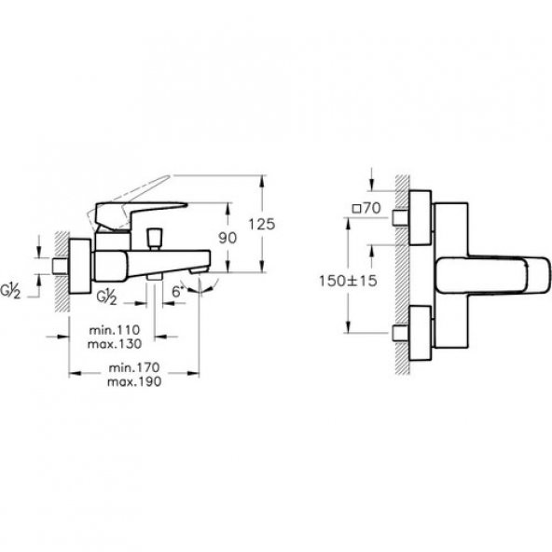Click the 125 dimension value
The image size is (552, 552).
[262, 224]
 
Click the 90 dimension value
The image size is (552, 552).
[228, 238]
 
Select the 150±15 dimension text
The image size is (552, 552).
[348, 281]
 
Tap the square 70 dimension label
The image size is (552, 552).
[366, 208]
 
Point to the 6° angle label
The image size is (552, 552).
[178, 292]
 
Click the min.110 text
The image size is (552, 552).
[115, 330]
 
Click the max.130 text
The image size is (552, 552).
[115, 343]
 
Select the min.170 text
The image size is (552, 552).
[134, 367]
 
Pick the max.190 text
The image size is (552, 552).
[134, 381]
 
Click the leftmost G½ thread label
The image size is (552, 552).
[10, 292]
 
